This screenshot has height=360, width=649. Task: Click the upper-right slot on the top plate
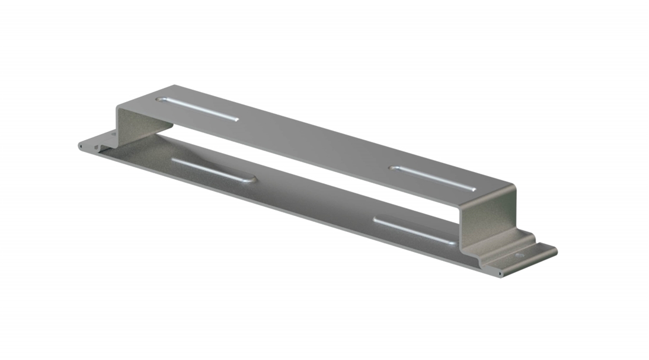click(433, 179)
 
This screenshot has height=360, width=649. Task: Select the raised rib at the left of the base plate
click(213, 170)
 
